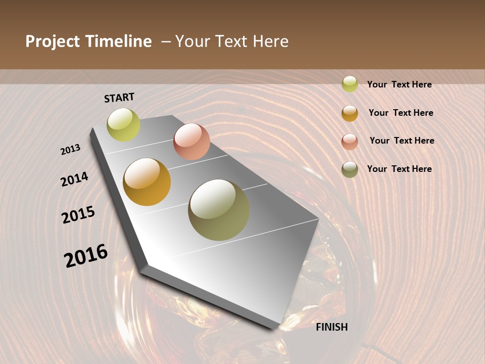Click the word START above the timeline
click(119, 98)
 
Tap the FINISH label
click(332, 327)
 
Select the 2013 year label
click(71, 150)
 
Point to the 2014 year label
click(74, 179)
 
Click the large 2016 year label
click(86, 255)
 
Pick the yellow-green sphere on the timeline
click(123, 125)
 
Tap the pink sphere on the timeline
click(191, 142)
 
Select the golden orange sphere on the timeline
click(147, 182)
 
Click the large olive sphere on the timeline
click(219, 210)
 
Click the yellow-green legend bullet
click(350, 84)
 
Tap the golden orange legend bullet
click(350, 113)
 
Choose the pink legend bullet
click(350, 142)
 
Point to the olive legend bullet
click(350, 169)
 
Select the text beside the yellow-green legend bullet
click(399, 84)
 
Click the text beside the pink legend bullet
click(402, 141)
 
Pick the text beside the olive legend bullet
click(399, 169)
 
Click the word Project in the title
click(53, 41)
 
